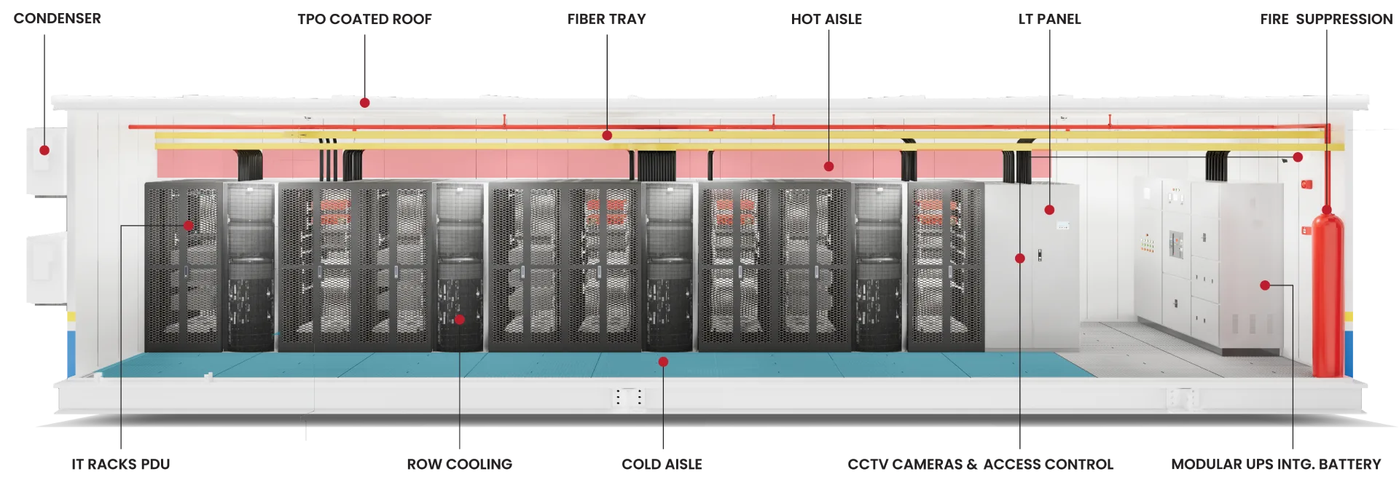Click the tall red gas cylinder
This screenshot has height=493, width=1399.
[1327, 299]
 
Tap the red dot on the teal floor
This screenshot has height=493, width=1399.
[663, 361]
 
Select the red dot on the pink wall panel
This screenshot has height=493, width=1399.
[828, 166]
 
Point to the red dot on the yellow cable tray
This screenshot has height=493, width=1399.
[607, 135]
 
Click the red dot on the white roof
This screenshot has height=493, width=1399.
[364, 103]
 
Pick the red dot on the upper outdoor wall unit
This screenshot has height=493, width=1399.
[44, 150]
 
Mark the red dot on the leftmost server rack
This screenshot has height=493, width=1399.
[188, 226]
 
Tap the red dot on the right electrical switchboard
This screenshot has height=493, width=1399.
[1265, 285]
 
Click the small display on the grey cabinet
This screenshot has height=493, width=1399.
[1062, 225]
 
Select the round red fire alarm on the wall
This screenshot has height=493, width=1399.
[1310, 185]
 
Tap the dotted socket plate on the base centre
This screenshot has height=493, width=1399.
[629, 398]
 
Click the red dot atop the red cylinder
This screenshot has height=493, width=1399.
[1327, 211]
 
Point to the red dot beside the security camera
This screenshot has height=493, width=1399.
[1298, 157]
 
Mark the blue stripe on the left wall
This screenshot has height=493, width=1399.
[69, 350]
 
